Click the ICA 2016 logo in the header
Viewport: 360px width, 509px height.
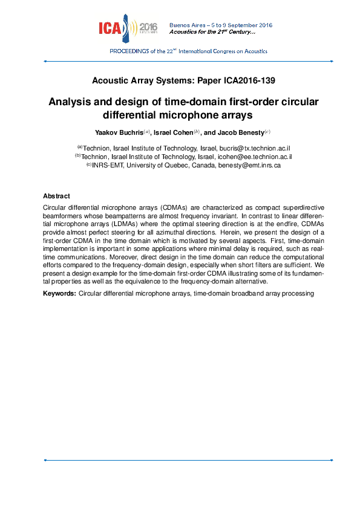coord(128,27)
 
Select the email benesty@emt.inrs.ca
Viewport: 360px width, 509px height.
coord(249,164)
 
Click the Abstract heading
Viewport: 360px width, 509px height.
coord(56,196)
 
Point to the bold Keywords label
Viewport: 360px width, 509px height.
coord(59,293)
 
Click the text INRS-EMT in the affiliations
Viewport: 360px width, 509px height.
coord(106,164)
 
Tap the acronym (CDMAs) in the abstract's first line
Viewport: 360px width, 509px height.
coord(183,207)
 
